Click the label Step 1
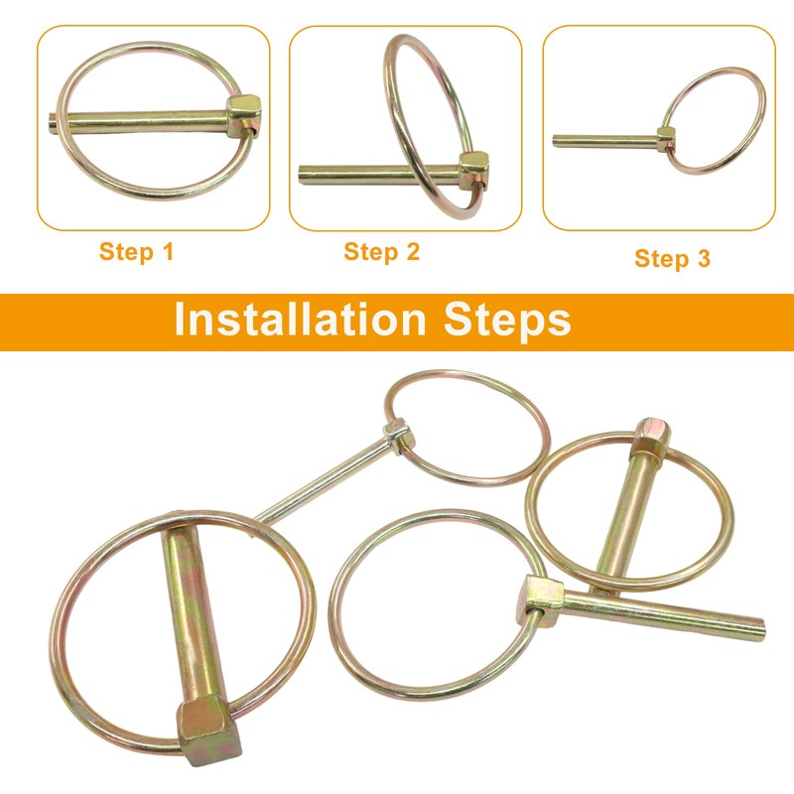pos(136,252)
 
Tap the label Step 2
pos(382,252)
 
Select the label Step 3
pos(673,258)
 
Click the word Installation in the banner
pos(300,320)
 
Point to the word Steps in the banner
pos(507,321)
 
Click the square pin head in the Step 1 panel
pos(243,116)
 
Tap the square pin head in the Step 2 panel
pos(474,170)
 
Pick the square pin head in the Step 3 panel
pos(666,139)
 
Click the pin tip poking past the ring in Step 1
pos(53,123)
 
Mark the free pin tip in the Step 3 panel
pos(556,139)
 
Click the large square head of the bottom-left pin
pos(208,733)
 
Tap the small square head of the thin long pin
pos(396,432)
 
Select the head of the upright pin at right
pos(652,437)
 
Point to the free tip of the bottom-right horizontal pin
pos(759,628)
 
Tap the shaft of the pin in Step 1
pos(142,121)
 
